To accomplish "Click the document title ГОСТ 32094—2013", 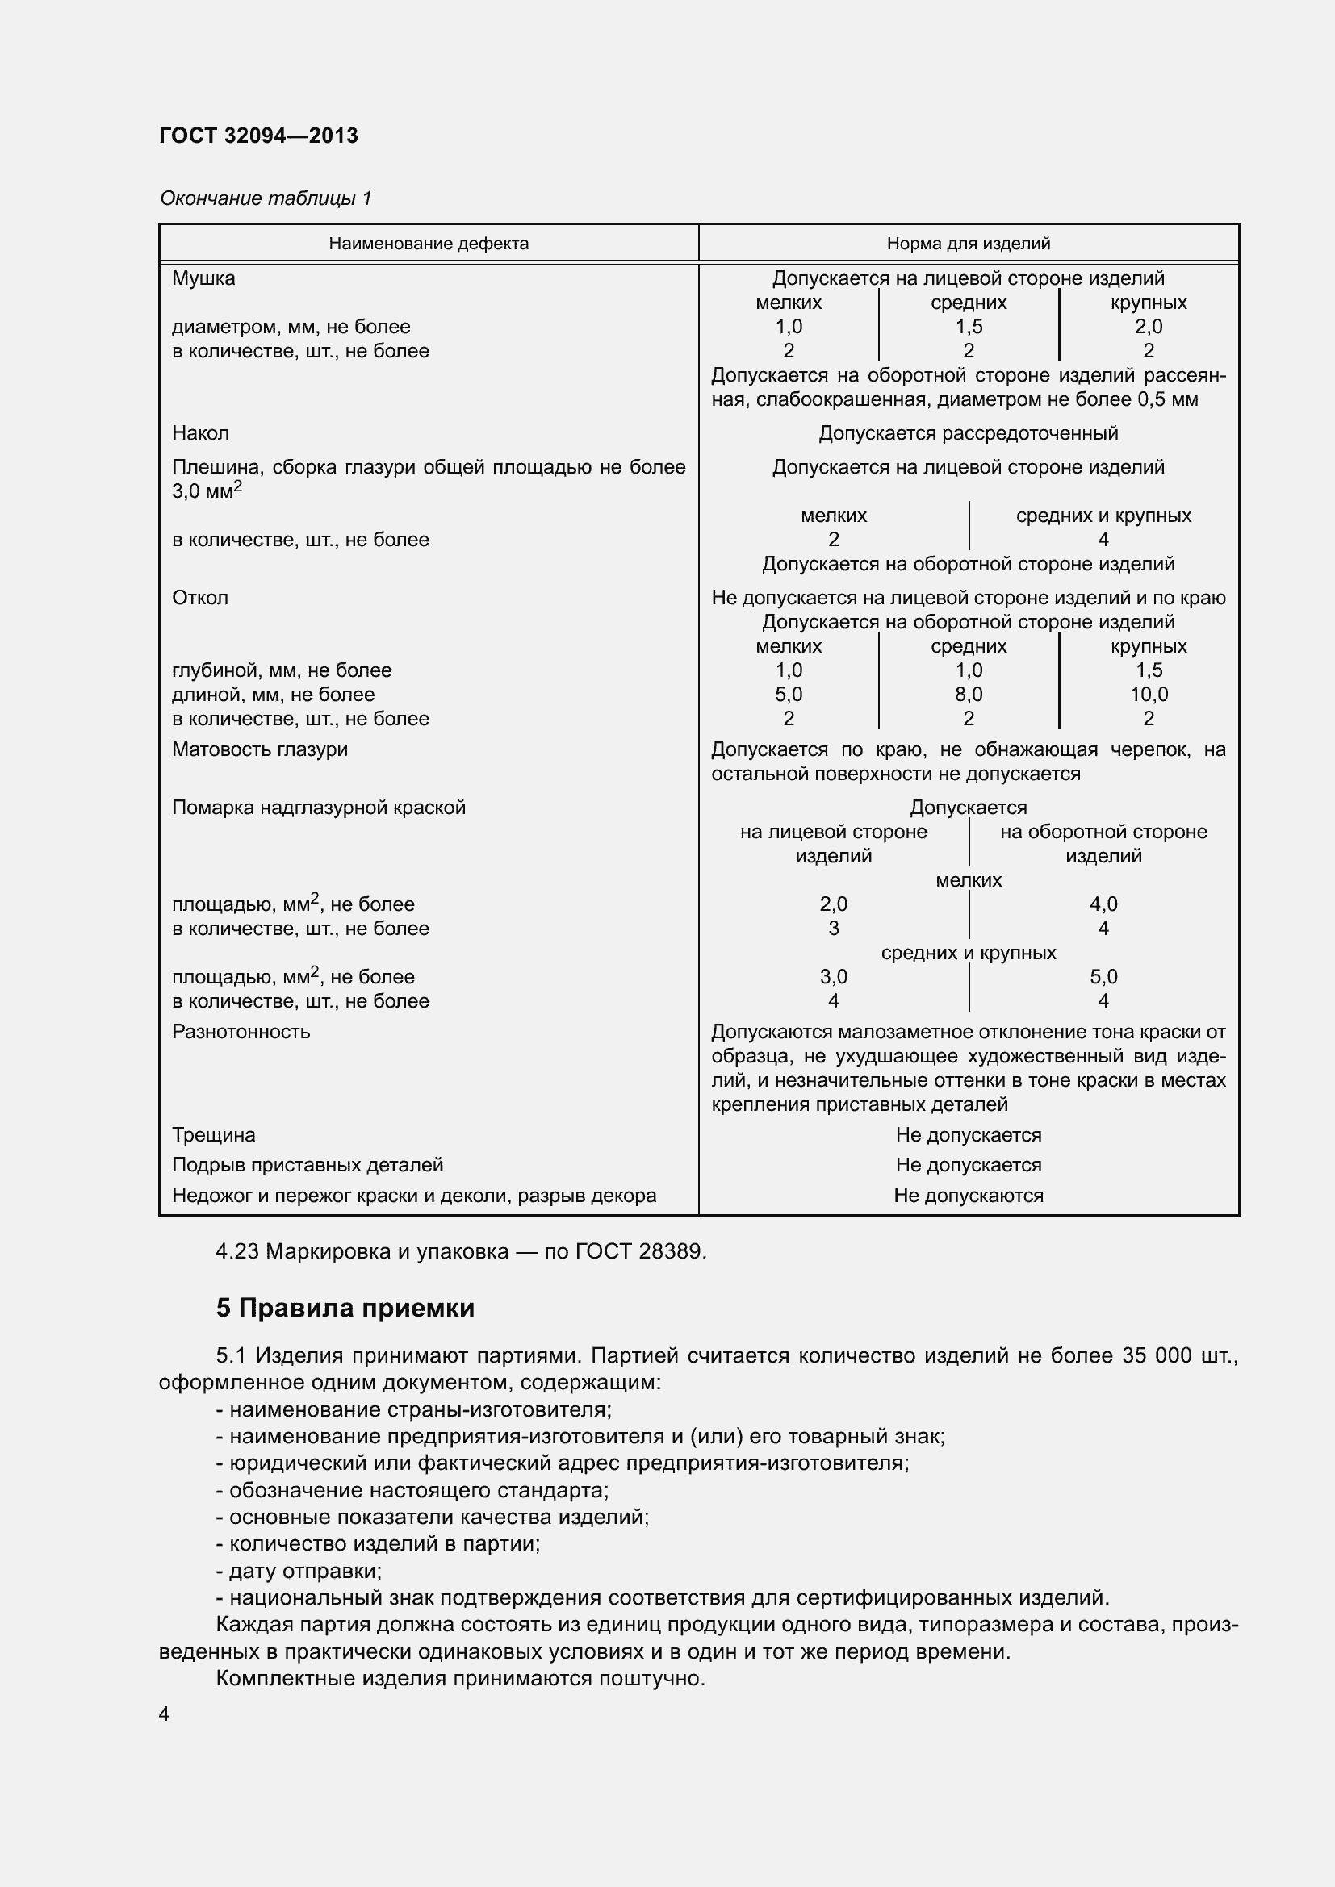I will [258, 136].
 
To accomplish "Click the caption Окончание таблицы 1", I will [266, 198].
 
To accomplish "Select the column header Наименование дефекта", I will [429, 244].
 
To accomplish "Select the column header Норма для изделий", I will [968, 244].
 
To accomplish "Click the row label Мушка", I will [203, 278].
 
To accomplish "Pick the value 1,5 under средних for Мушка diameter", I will [969, 327].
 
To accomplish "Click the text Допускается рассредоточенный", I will [968, 433].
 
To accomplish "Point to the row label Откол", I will [199, 598].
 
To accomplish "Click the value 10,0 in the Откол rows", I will [1148, 695].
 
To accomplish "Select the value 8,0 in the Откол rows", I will [969, 695].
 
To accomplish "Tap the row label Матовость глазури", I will [260, 749].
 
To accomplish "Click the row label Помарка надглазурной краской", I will [318, 808].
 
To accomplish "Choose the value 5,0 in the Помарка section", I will [1103, 977].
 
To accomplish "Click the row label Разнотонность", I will [241, 1033].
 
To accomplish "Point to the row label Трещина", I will [213, 1135].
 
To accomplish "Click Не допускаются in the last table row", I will [968, 1196].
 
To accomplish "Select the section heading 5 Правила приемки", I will [345, 1308].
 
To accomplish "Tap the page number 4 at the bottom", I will [165, 1714].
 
